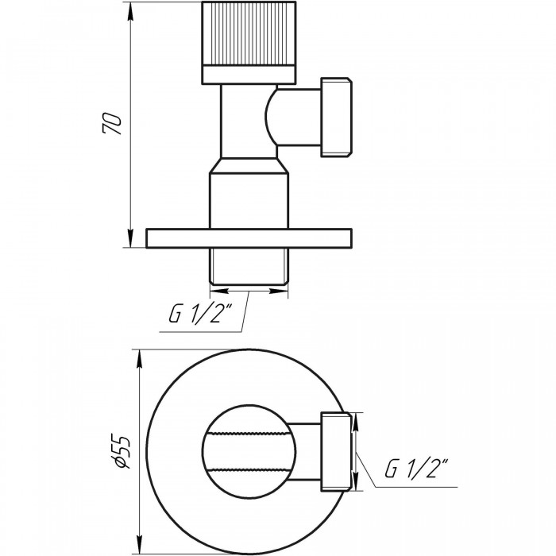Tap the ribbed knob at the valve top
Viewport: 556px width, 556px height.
click(x=249, y=34)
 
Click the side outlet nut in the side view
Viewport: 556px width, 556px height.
click(x=335, y=117)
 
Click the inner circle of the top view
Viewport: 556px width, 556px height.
click(x=247, y=446)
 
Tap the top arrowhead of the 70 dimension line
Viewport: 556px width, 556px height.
click(x=130, y=10)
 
